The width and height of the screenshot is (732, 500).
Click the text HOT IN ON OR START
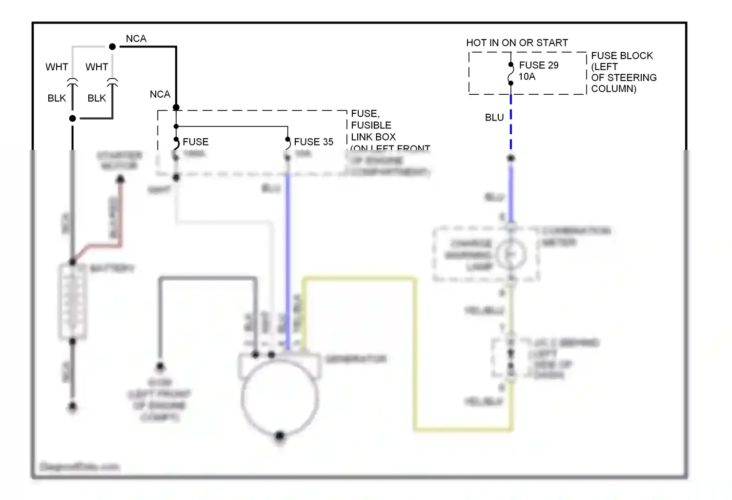[517, 43]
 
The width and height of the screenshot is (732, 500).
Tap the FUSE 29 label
[538, 65]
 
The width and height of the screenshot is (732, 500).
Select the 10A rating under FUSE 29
[527, 77]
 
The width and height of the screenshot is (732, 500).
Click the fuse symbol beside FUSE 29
[510, 74]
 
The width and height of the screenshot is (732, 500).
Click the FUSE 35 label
[313, 142]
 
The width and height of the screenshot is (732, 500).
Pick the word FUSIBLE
[371, 125]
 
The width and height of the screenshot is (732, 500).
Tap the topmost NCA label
[136, 39]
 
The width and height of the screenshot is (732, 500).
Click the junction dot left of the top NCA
[112, 47]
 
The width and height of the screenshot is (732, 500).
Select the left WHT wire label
[57, 67]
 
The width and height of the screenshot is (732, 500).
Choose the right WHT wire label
[97, 67]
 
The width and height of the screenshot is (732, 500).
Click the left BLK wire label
[57, 98]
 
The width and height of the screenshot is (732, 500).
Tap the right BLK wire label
[97, 98]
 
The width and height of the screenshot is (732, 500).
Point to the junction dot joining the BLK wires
[73, 118]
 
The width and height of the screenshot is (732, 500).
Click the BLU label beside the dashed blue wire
[494, 118]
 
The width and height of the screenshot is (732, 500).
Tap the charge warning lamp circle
[511, 254]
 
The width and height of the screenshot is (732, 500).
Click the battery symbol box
[73, 302]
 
